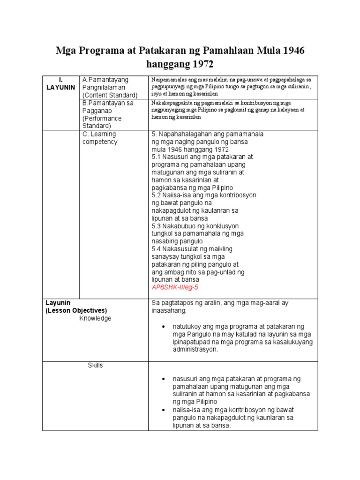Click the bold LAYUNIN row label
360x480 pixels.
(x=60, y=88)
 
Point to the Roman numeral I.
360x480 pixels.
(x=60, y=80)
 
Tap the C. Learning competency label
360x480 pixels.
(x=99, y=138)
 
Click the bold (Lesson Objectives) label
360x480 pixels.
(x=76, y=310)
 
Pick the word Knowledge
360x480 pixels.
(x=96, y=318)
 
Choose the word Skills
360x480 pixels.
(x=95, y=365)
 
